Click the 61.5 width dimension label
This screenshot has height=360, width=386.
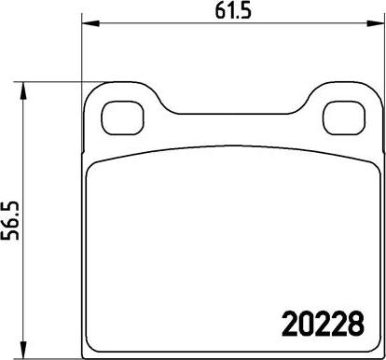click(233, 11)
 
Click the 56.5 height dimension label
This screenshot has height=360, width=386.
click(10, 221)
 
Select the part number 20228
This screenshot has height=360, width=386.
click(323, 324)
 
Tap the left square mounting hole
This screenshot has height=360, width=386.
click(123, 118)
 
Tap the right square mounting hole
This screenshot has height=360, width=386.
click(344, 118)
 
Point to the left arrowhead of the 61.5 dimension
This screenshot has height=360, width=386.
click(90, 23)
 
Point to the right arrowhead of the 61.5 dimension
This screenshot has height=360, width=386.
click(376, 23)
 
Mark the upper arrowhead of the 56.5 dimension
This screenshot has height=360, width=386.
click(22, 91)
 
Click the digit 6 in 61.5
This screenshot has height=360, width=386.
click(220, 12)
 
